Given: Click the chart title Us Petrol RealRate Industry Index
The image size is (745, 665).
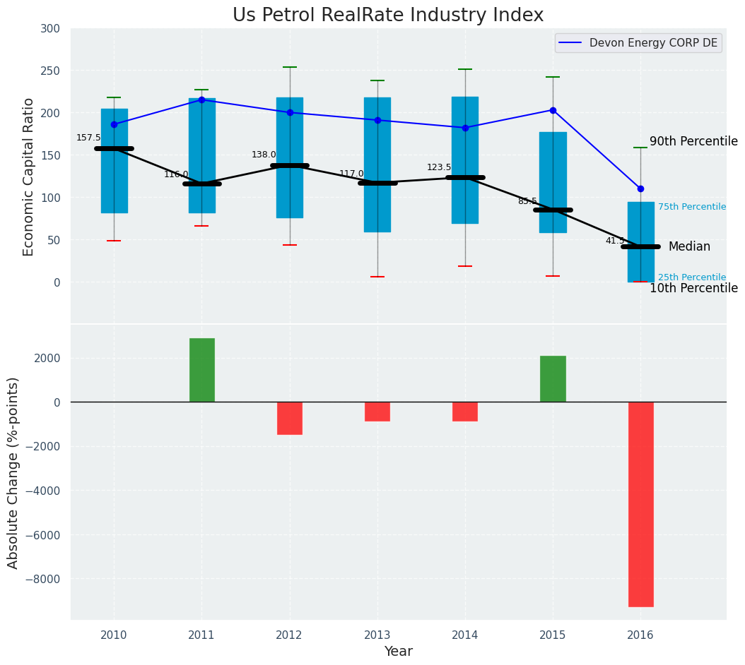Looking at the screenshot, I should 388,16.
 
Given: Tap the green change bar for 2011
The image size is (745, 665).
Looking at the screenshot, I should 201,370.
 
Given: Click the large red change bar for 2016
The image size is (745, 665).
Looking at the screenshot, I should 640,504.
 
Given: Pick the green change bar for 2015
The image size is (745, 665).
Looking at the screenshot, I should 553,379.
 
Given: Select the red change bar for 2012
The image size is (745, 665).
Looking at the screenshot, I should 290,418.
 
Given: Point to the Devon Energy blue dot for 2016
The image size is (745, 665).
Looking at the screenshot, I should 640,188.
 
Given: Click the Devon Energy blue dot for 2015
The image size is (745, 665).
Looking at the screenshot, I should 553,110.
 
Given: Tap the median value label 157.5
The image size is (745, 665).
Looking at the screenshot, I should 88,138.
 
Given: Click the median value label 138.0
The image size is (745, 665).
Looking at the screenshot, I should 264,155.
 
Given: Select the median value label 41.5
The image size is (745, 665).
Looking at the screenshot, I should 615,241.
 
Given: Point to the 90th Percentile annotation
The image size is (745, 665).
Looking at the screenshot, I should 693,141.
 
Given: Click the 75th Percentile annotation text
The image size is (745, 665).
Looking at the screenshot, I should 691,207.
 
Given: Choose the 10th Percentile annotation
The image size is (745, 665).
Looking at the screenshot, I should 693,288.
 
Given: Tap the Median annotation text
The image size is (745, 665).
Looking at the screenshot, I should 689,246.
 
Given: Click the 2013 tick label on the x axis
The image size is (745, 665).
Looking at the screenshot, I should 377,635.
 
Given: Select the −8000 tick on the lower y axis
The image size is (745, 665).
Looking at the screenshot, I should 43,579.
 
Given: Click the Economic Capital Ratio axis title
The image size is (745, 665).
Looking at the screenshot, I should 29,176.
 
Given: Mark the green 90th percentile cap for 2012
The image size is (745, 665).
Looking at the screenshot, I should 290,67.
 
